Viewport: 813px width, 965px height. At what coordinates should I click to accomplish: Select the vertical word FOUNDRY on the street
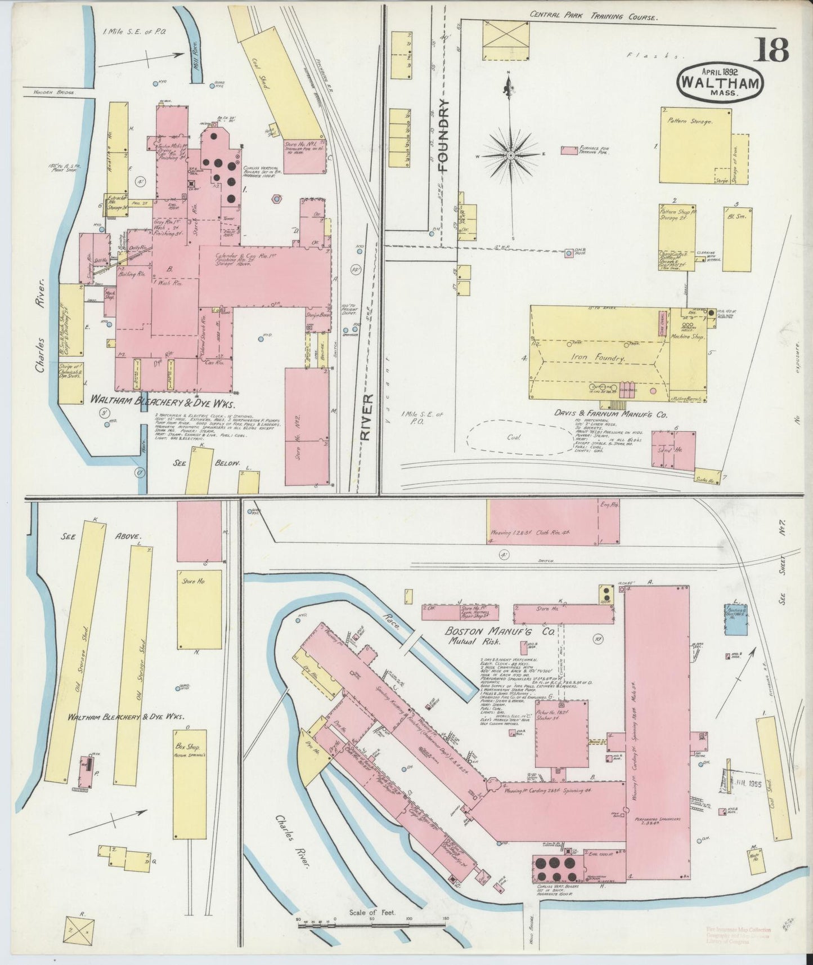click(444, 135)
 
